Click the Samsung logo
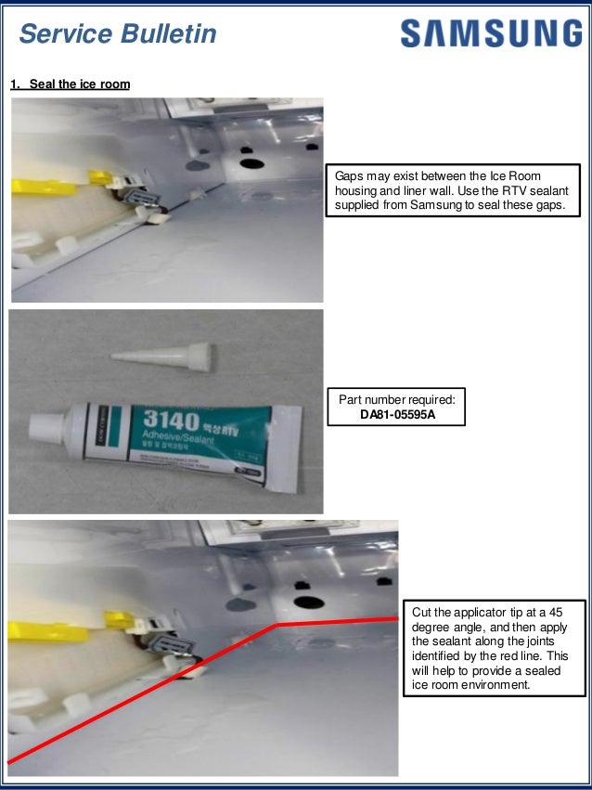click(x=491, y=34)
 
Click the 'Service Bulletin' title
click(x=118, y=34)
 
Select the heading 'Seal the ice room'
click(x=80, y=84)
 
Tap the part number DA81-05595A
click(x=397, y=414)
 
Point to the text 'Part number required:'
click(x=397, y=400)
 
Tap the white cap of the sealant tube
click(x=43, y=427)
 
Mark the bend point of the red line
click(x=276, y=625)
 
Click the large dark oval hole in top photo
click(x=251, y=163)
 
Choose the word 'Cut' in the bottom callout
click(x=422, y=613)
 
